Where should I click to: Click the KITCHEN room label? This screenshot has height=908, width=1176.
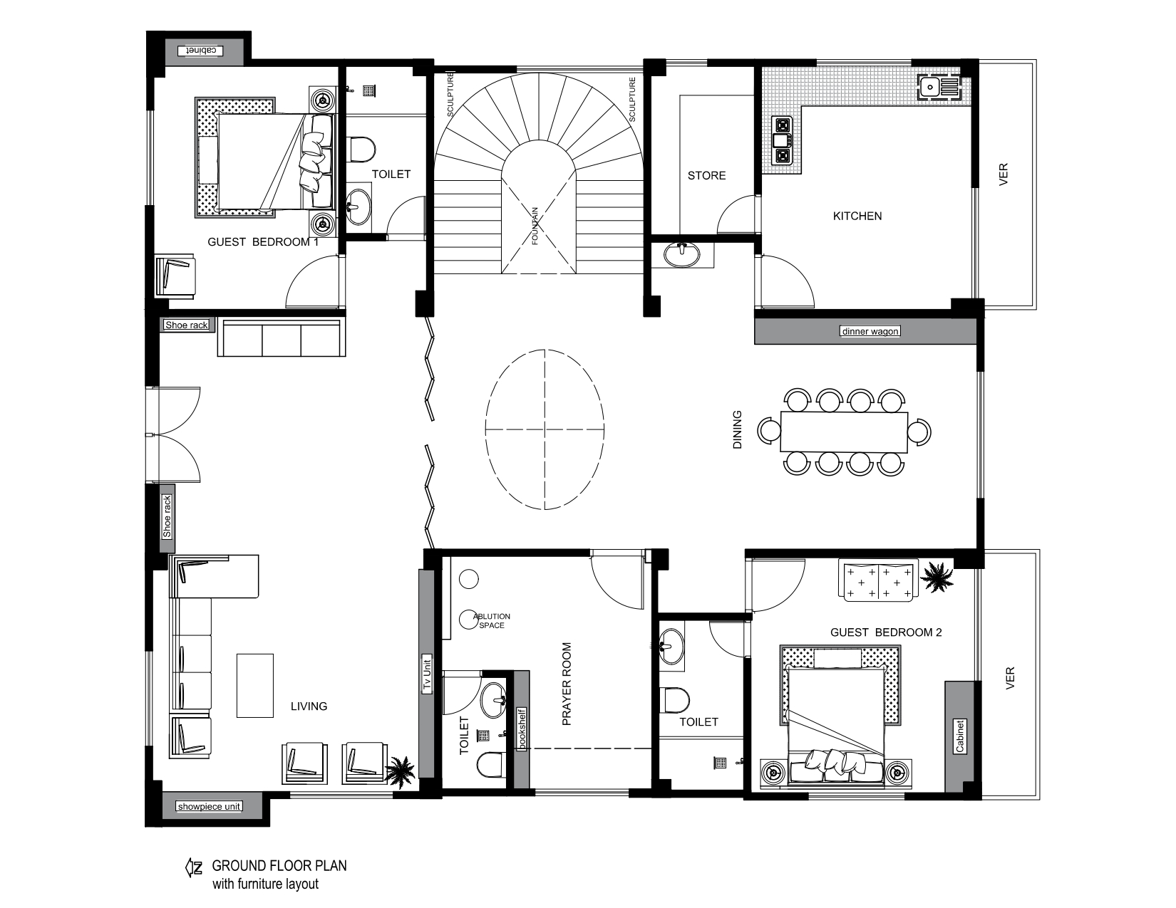click(857, 216)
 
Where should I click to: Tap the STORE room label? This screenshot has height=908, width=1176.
click(706, 175)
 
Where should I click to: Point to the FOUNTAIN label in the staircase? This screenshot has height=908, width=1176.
click(535, 226)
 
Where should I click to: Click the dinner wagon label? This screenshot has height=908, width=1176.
click(870, 331)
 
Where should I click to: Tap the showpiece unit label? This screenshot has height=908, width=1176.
click(209, 806)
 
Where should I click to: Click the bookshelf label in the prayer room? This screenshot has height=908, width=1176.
click(522, 729)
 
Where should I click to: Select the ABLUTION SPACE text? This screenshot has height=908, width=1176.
click(491, 620)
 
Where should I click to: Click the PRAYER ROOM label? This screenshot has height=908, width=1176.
click(567, 684)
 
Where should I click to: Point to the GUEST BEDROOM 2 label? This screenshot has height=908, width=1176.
click(886, 632)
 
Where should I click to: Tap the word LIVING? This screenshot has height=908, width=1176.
click(309, 706)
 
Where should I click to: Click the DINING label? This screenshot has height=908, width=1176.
click(737, 429)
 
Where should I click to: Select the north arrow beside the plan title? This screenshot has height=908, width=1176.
click(194, 868)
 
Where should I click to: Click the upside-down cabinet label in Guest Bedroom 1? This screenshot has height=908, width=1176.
click(201, 51)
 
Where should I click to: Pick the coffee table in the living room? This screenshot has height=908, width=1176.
click(255, 685)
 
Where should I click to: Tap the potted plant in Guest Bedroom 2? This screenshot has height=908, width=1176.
click(937, 577)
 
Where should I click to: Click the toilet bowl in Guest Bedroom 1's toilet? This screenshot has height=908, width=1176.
click(361, 150)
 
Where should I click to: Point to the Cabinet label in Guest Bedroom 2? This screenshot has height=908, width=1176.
click(959, 736)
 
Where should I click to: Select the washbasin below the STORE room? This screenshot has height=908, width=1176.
click(681, 255)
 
